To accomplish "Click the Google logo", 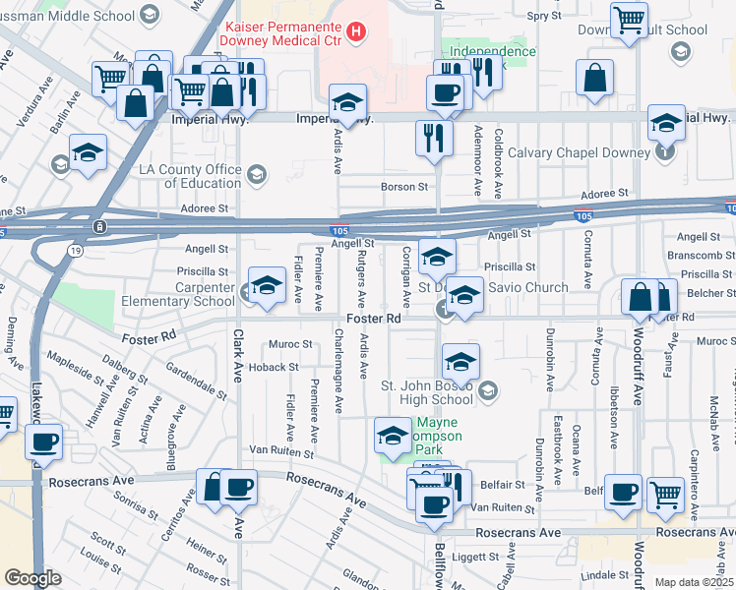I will pos(32,577).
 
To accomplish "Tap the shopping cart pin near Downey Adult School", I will pos(628,19).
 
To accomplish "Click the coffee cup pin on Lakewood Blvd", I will pos(44,442).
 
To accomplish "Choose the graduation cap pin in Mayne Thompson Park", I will pos(393,435).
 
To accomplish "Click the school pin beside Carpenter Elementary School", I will pos(265,285).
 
